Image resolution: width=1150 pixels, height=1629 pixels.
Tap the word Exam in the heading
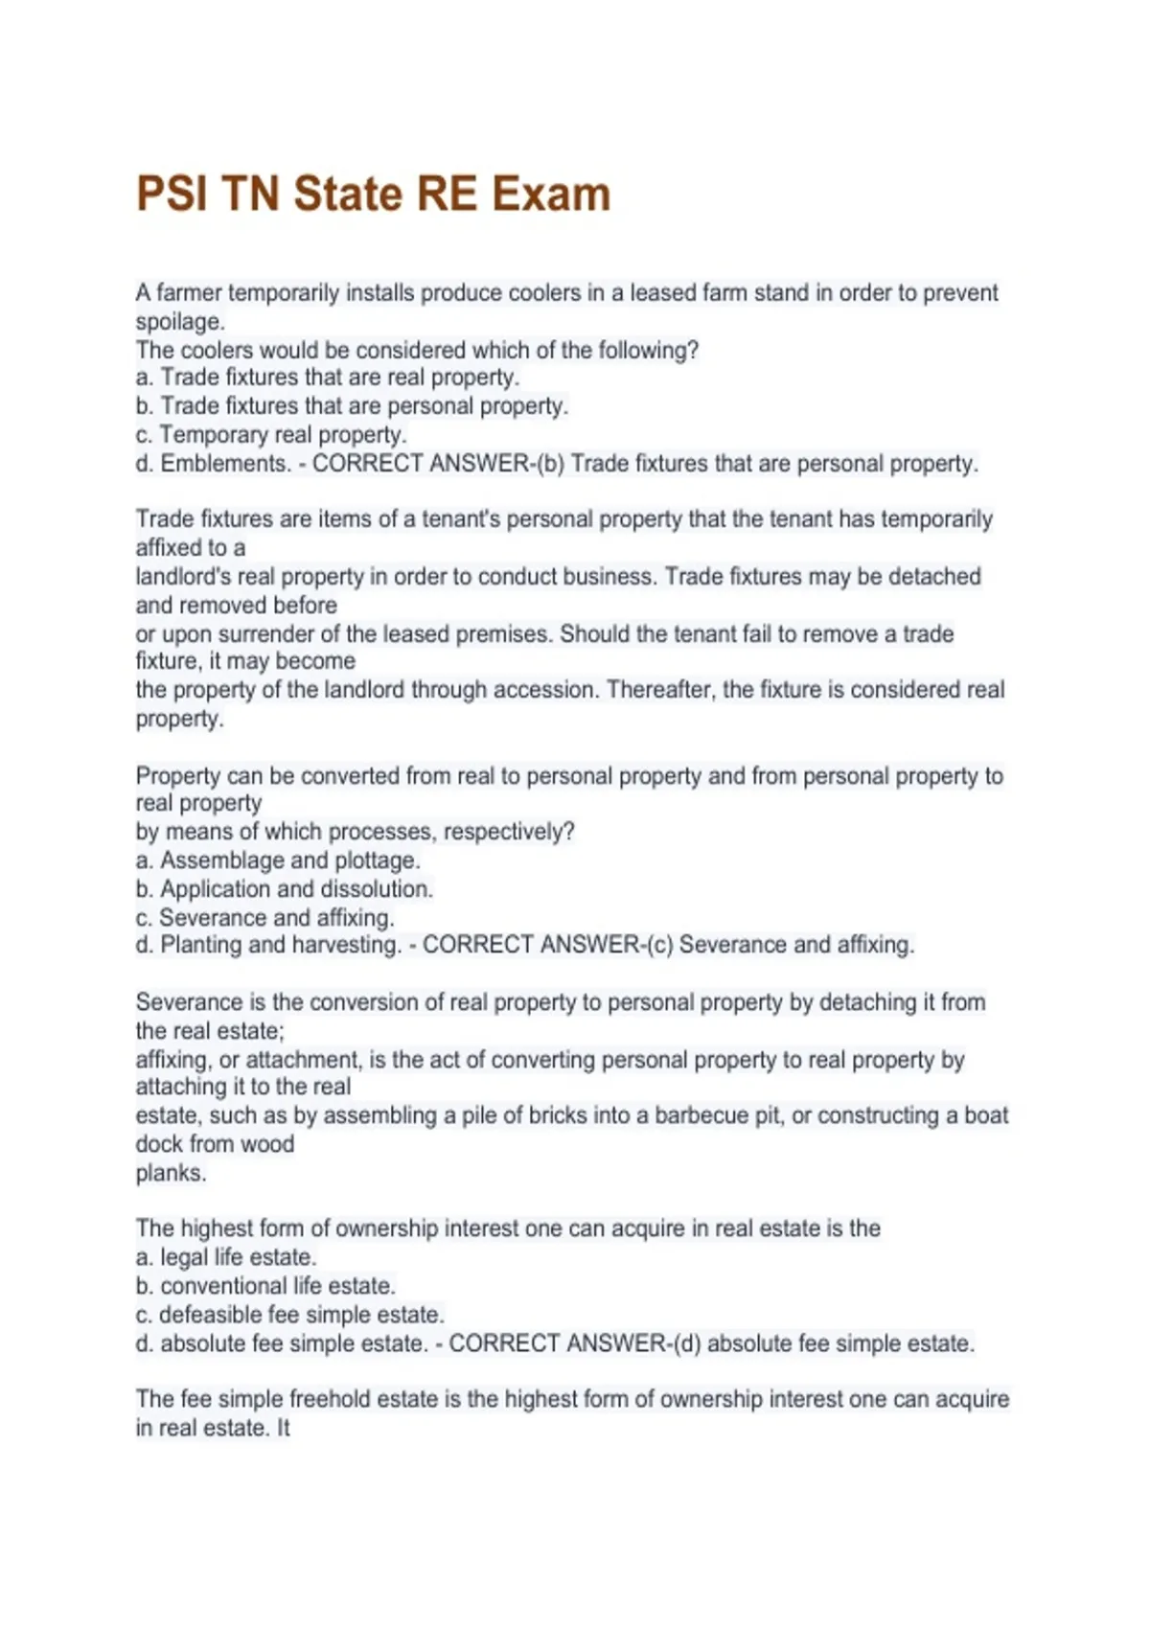pos(551,194)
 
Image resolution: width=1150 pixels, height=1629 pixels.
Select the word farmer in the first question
pos(188,292)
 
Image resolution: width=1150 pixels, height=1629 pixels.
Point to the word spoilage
pos(179,321)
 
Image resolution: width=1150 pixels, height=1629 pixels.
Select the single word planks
pos(171,1173)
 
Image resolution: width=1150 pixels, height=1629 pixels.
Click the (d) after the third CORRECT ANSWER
pos(687,1343)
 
